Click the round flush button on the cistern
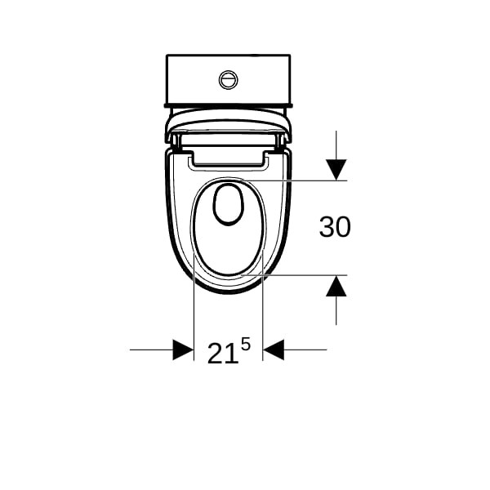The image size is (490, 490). [x=229, y=79]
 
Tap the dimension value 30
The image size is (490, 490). [x=335, y=227]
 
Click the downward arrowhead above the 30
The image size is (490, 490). [x=336, y=170]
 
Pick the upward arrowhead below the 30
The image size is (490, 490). [x=336, y=286]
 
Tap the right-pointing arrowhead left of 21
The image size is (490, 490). [x=183, y=350]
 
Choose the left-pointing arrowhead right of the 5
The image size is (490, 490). [x=273, y=350]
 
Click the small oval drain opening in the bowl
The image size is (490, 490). [x=229, y=203]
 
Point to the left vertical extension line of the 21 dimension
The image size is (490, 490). [x=194, y=318]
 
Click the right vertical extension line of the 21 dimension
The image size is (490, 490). [x=262, y=318]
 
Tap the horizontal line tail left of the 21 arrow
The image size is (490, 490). [x=151, y=350]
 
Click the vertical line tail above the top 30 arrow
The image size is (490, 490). [x=336, y=144]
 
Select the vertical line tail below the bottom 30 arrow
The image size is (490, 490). [x=336, y=310]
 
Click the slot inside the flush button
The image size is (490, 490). [x=229, y=79]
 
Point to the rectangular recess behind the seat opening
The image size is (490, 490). [x=229, y=160]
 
